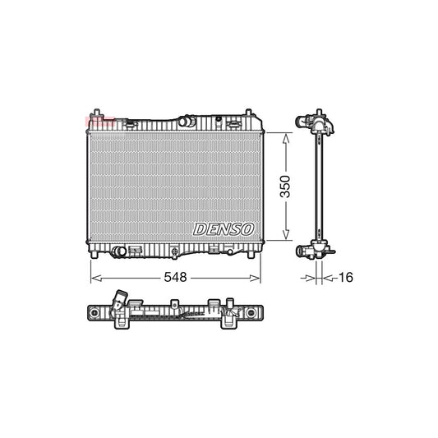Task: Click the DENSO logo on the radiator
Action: point(224,228)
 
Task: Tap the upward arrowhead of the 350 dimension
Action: point(287,140)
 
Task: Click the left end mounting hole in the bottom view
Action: point(99,314)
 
